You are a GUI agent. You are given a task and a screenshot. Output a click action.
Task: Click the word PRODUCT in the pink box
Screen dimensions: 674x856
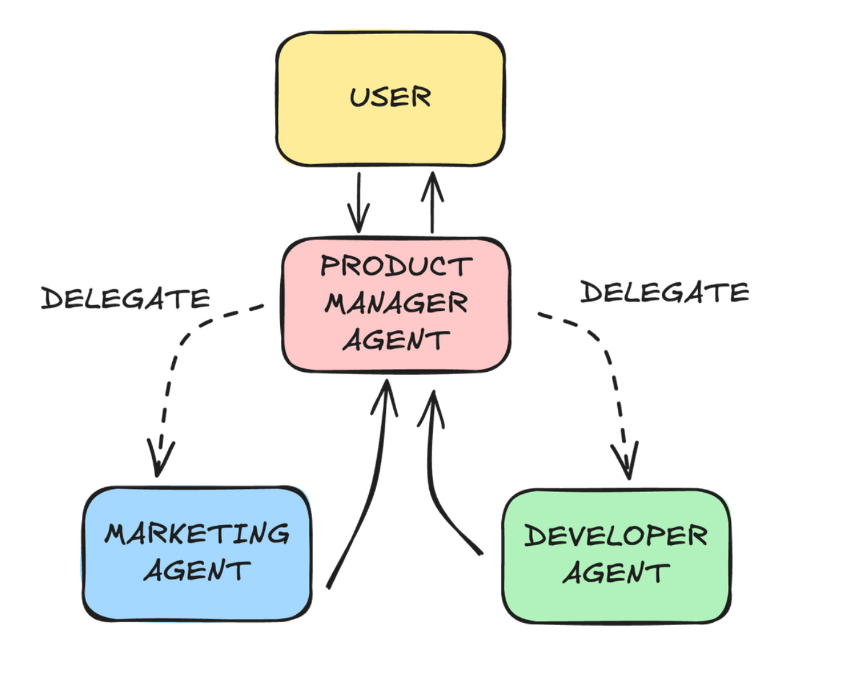396,266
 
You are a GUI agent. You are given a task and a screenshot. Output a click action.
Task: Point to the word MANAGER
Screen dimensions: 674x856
396,303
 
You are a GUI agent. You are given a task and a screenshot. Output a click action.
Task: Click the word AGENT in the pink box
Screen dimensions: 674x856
396,340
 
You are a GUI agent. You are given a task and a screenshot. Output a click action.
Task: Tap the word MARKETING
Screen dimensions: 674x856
197,534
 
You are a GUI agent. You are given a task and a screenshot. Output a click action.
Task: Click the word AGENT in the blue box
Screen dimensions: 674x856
197,570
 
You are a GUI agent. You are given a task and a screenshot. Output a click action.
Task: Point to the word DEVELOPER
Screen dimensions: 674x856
616,535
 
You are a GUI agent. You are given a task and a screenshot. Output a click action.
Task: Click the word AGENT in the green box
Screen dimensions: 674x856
616,573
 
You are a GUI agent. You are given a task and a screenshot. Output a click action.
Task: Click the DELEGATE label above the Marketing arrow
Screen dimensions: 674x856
126,299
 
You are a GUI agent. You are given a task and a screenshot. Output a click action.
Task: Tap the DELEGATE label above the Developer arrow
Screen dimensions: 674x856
664,292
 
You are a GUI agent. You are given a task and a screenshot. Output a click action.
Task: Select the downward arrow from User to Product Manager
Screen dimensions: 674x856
358,201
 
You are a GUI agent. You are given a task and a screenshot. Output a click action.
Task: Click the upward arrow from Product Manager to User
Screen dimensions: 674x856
432,201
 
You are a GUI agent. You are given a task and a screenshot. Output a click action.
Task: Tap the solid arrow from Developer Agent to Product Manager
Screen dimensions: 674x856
433,482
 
